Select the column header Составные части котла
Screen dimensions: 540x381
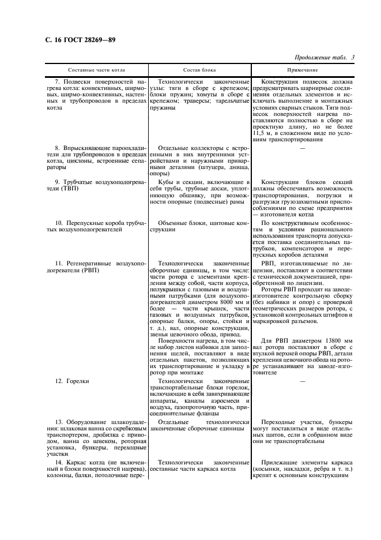[95, 70]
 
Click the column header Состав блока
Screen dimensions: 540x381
[199, 70]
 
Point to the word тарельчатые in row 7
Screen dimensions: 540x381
[230, 101]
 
